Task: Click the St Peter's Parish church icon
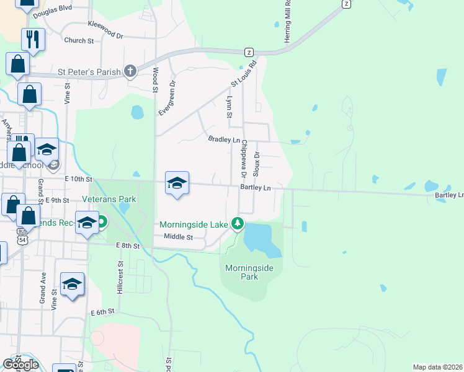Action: coord(130,71)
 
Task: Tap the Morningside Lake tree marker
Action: coord(236,223)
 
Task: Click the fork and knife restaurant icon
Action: coord(33,40)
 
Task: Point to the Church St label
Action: coord(79,40)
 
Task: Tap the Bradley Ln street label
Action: coord(224,140)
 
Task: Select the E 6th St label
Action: coord(103,312)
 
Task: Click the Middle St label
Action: coord(179,237)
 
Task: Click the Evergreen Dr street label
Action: coord(166,99)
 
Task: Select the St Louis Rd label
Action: coord(244,73)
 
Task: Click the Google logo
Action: coord(20,364)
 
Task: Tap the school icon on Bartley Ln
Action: coord(177,184)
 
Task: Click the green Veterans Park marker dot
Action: coord(100,221)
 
